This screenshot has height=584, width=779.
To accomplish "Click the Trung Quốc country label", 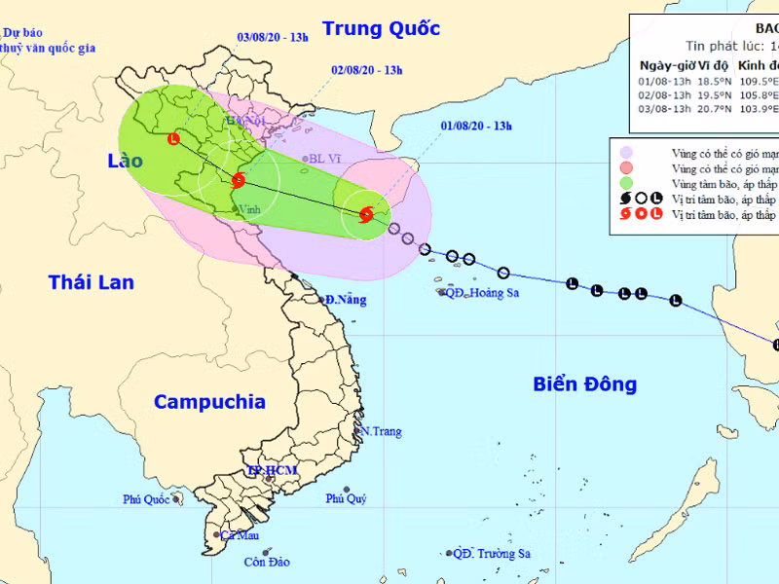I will pos(381,28).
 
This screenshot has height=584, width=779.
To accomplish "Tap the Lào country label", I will pos(127,160).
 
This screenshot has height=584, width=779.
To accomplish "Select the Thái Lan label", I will pos(92,282).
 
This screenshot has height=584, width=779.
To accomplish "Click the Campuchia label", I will pos(209,401).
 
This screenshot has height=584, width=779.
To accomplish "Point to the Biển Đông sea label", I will pos(584,383).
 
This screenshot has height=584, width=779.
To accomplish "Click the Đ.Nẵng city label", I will pos(346,300).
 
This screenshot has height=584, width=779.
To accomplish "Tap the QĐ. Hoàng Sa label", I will pos(483,292).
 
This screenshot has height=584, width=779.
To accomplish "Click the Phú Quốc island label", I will pos(146,499).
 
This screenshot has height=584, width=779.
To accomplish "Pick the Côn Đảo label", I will pos(267,562).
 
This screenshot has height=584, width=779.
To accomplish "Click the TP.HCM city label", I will pos(272,471).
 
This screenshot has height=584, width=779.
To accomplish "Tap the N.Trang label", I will pos(381,431).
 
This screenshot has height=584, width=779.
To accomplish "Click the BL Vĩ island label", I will pos(323,159).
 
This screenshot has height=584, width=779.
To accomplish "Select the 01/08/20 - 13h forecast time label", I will pos(476,126).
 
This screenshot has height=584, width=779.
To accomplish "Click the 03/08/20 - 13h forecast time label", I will pos(273,37).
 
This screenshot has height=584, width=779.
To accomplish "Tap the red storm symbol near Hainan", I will pos(366,215).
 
